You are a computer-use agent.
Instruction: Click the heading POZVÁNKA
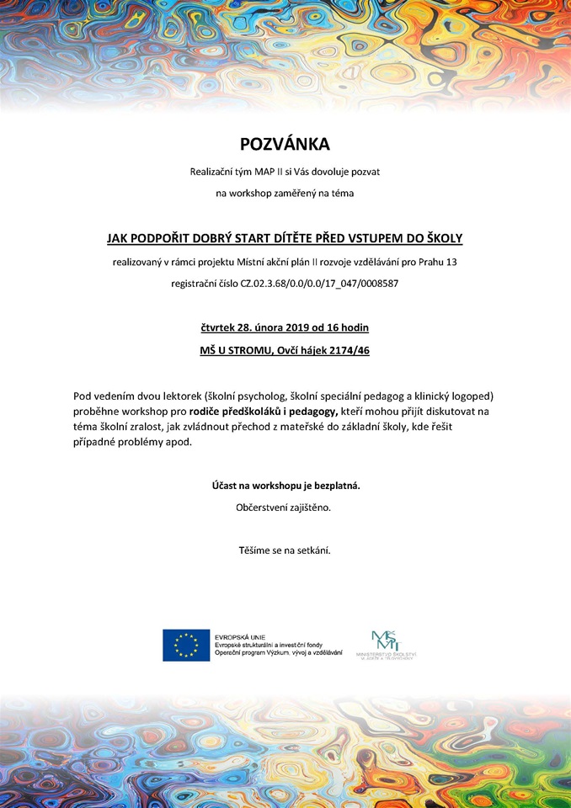[285, 144]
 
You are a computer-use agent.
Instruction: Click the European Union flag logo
[186, 645]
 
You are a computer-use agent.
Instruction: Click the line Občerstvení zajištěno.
[284, 508]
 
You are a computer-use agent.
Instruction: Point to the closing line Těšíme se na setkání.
[285, 550]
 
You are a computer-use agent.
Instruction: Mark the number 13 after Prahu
[451, 262]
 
